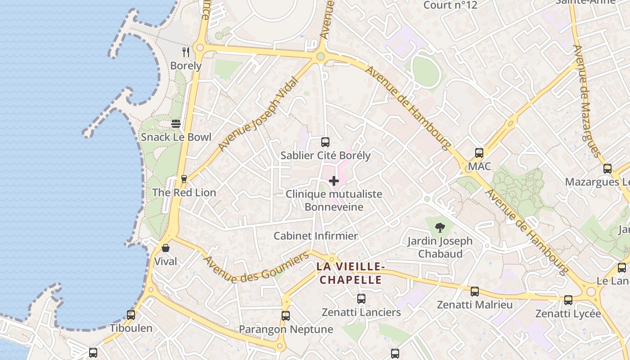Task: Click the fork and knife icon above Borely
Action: (x=185, y=52)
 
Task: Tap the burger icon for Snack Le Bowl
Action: (x=176, y=124)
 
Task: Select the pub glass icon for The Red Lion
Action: (x=184, y=179)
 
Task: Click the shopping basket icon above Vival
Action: (x=166, y=248)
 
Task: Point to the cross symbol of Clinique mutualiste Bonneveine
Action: (x=334, y=181)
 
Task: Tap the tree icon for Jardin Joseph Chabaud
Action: (x=440, y=228)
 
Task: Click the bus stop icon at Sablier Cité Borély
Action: (x=325, y=142)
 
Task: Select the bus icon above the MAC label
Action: (x=479, y=153)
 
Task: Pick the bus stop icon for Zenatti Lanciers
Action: (x=361, y=299)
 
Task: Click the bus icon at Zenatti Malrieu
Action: (x=475, y=292)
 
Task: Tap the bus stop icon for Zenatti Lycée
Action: (x=568, y=300)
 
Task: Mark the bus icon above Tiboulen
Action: (x=131, y=315)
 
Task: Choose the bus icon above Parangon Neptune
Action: (x=286, y=316)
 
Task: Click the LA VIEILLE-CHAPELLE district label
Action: (x=350, y=273)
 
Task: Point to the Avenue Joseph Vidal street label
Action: (x=258, y=114)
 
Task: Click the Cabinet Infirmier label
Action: (x=315, y=236)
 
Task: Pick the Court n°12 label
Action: (x=450, y=5)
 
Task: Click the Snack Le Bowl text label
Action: (x=176, y=137)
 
